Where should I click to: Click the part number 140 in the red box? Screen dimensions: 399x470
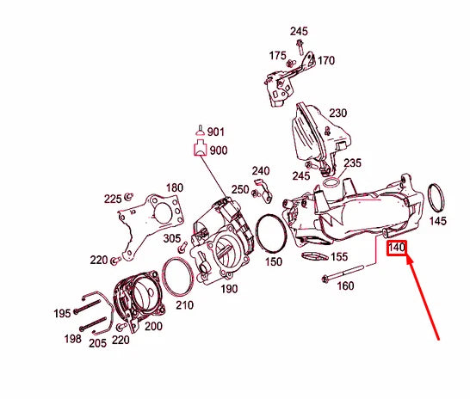coord(396,249)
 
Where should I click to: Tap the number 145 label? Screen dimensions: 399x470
coord(438,221)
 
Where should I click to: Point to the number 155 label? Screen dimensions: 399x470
coord(339,256)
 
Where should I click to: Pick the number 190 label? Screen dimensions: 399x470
coord(228,289)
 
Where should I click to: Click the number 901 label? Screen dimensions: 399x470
coord(215,132)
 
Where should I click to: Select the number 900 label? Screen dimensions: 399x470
coord(219,150)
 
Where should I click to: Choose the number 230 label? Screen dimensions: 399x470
coord(337,113)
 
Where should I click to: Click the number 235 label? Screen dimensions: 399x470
coord(353,163)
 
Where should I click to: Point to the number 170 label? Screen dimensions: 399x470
coord(326,61)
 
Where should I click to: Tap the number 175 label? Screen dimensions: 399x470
coord(277,56)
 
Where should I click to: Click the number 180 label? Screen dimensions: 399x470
coord(174,187)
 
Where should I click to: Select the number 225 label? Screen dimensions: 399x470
coord(113,199)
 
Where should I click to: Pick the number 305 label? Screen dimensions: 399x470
coord(172,238)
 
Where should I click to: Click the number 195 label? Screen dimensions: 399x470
coord(62,314)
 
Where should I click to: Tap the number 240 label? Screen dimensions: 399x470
coord(261,170)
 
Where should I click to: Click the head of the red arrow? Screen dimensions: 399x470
coord(406,255)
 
